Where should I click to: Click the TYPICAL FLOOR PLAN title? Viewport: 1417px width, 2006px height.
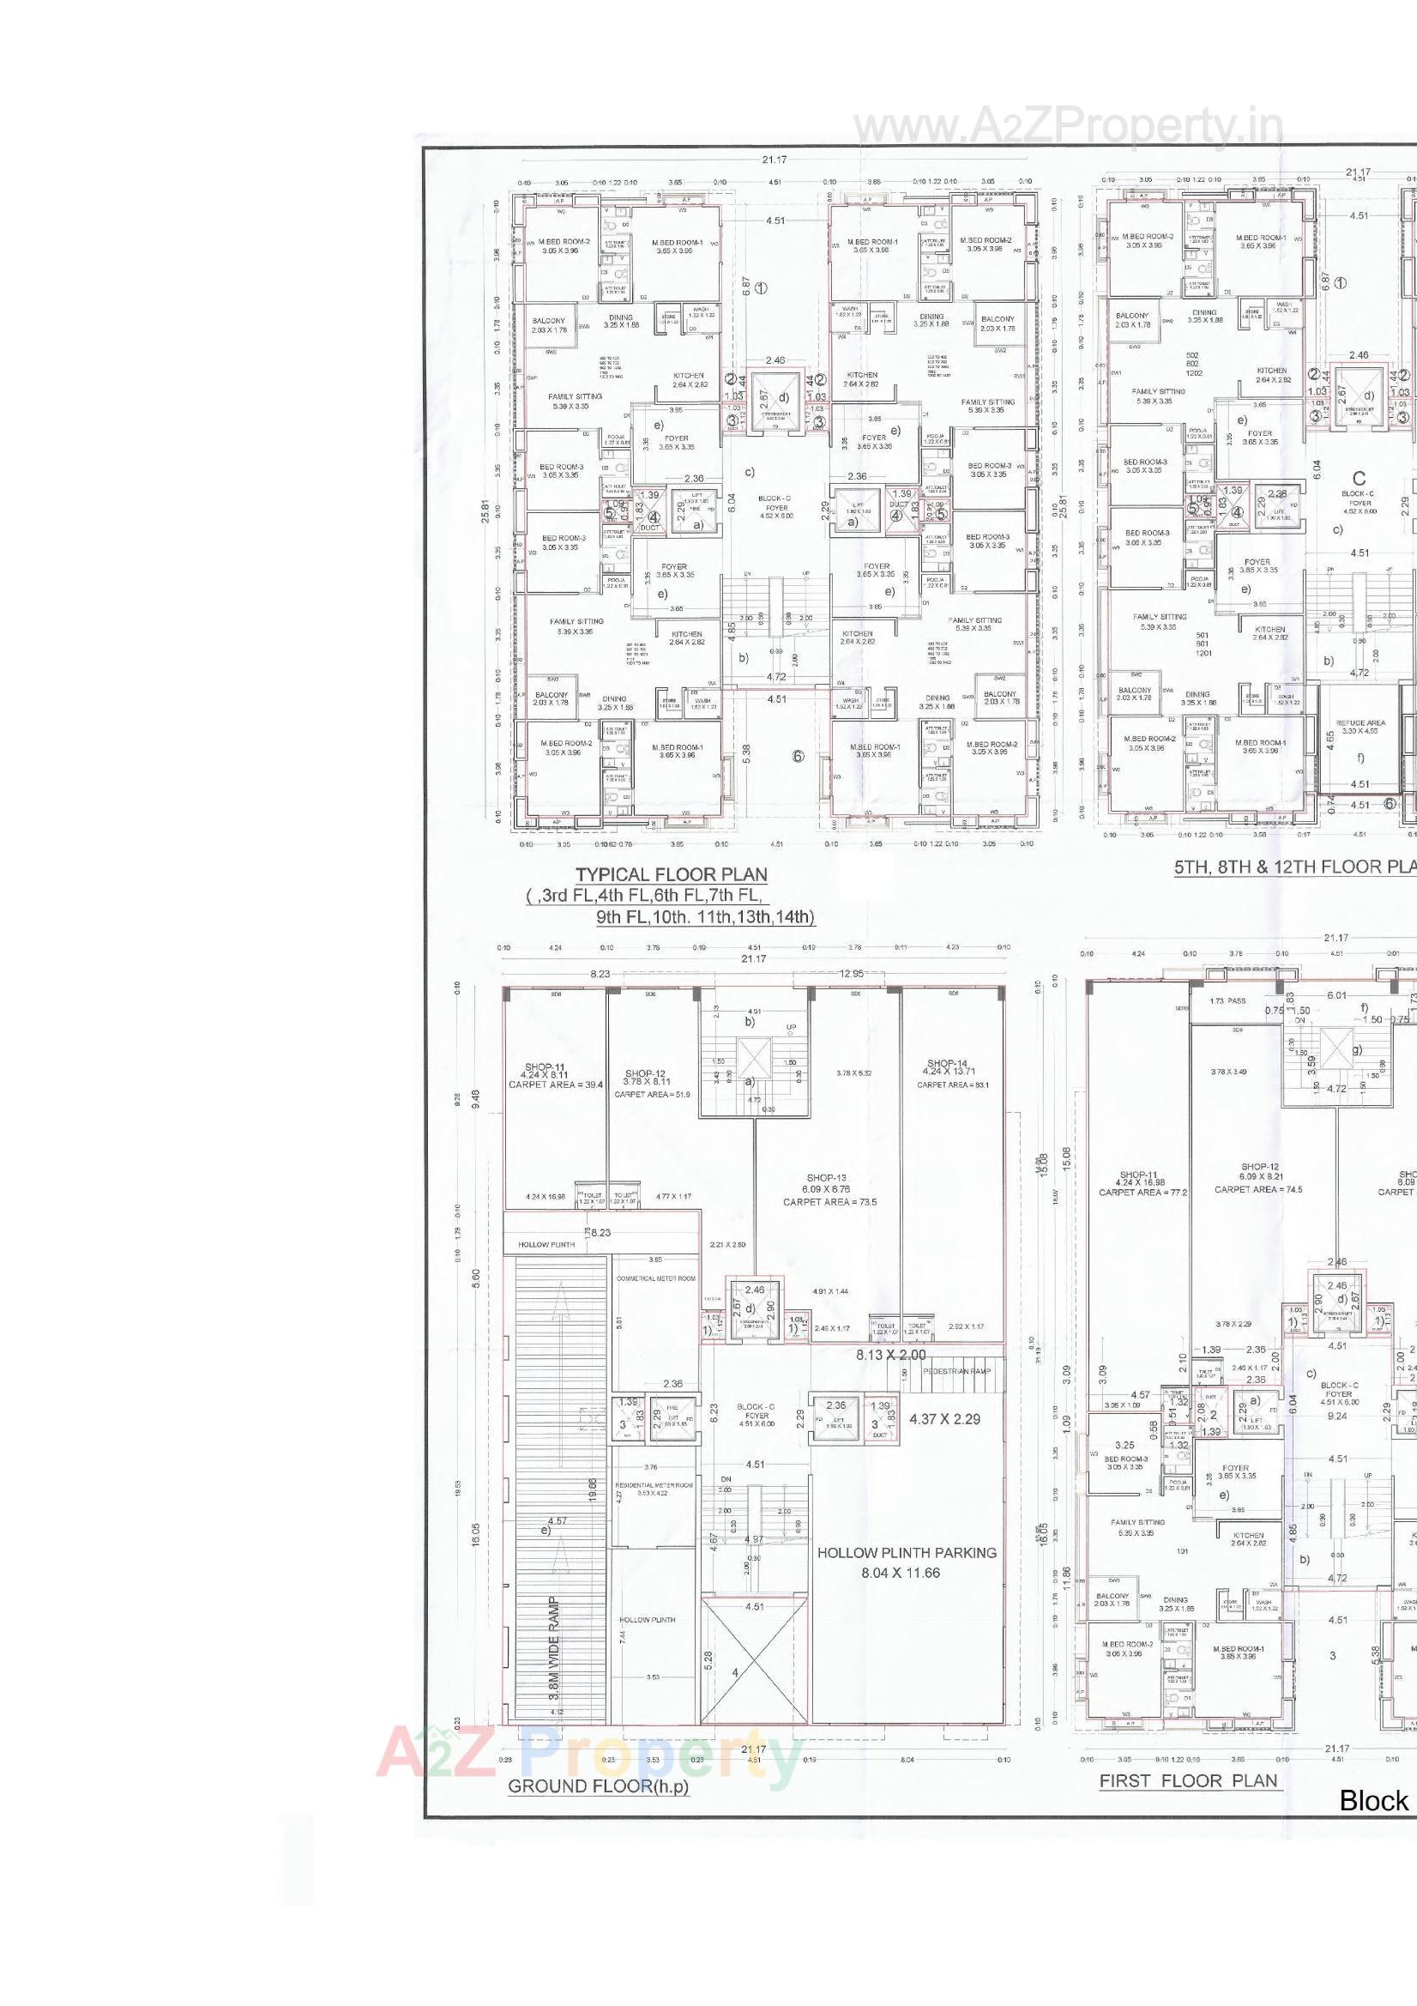(x=671, y=874)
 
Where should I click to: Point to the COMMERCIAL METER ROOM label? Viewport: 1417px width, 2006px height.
(x=655, y=1278)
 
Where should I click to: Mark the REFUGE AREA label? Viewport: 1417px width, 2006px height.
(x=1360, y=722)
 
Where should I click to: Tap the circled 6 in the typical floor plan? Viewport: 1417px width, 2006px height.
(x=798, y=756)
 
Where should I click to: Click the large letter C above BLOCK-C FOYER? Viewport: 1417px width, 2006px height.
(x=1359, y=478)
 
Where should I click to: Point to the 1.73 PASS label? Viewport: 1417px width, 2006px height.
(x=1227, y=1000)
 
